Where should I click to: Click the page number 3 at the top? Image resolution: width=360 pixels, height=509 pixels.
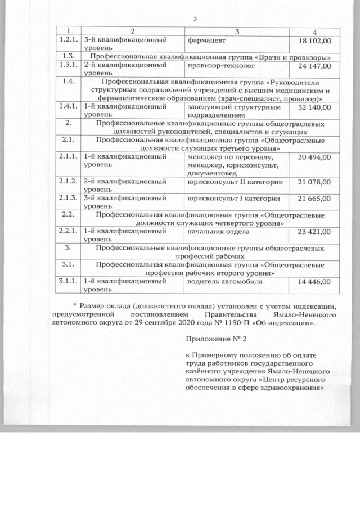point(195,19)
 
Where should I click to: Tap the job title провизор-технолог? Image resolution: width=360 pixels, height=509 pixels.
point(219,66)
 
